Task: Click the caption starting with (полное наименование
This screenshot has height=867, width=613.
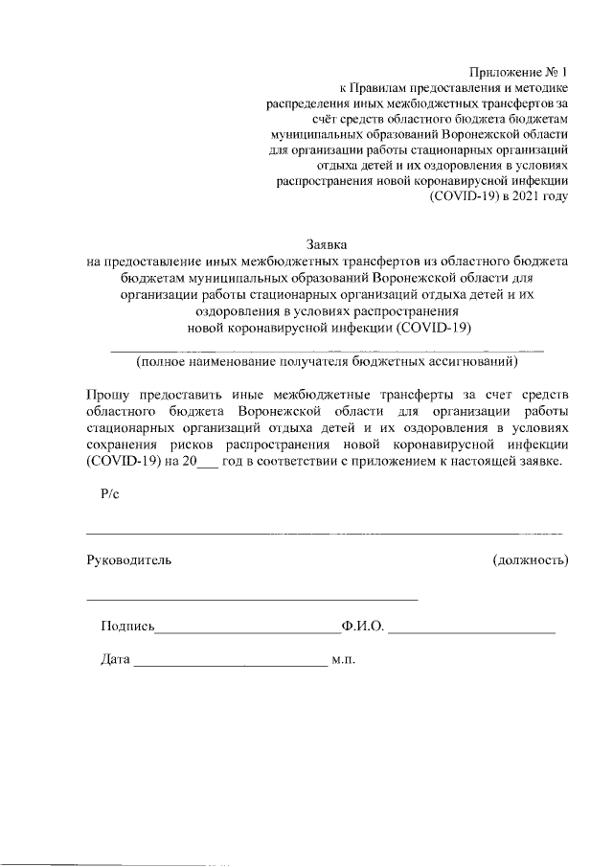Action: tap(327, 361)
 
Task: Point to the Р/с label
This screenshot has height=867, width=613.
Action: tap(108, 494)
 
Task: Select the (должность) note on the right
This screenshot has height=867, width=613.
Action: tap(530, 559)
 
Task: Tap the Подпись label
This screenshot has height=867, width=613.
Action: tap(126, 627)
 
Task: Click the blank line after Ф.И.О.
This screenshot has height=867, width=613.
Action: tap(472, 630)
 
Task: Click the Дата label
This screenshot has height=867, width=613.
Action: tap(116, 660)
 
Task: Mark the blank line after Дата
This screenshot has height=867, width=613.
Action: tap(231, 663)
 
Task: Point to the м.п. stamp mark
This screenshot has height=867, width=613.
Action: tap(344, 660)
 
